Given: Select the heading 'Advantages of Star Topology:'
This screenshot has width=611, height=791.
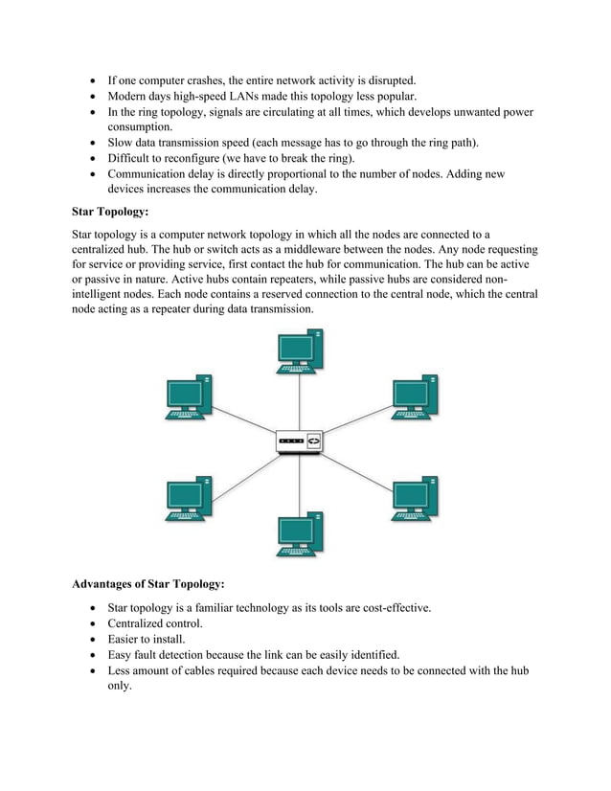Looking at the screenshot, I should [x=148, y=583].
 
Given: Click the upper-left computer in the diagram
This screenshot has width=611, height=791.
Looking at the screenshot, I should [x=188, y=396].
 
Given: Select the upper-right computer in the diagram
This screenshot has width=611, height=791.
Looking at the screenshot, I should [x=414, y=396].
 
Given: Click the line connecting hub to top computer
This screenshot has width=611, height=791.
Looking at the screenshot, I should [x=300, y=402].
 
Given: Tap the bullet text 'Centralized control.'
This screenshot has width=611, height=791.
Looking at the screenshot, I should [x=155, y=623].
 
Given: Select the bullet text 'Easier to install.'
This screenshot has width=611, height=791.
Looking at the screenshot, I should [x=147, y=639].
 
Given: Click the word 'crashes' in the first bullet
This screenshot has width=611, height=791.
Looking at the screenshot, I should [x=220, y=79].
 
